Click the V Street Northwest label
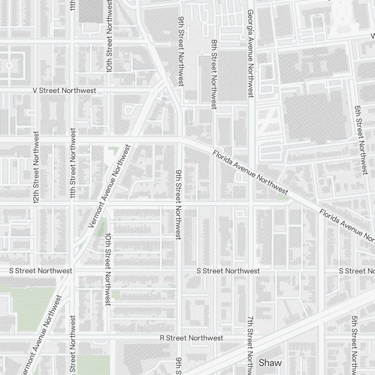(x=64, y=91)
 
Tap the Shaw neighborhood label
(x=270, y=363)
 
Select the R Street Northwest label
(x=191, y=338)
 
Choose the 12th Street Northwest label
(x=36, y=167)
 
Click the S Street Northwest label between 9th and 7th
(x=228, y=271)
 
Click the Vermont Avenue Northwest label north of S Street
(x=109, y=186)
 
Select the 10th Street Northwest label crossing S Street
(x=108, y=269)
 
